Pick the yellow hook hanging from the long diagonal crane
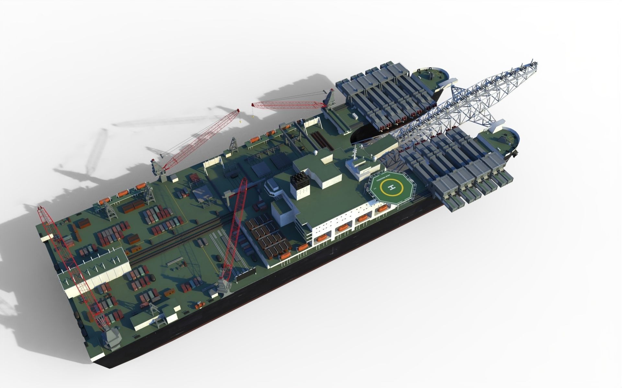(x=240, y=121)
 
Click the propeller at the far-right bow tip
(x=514, y=155)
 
